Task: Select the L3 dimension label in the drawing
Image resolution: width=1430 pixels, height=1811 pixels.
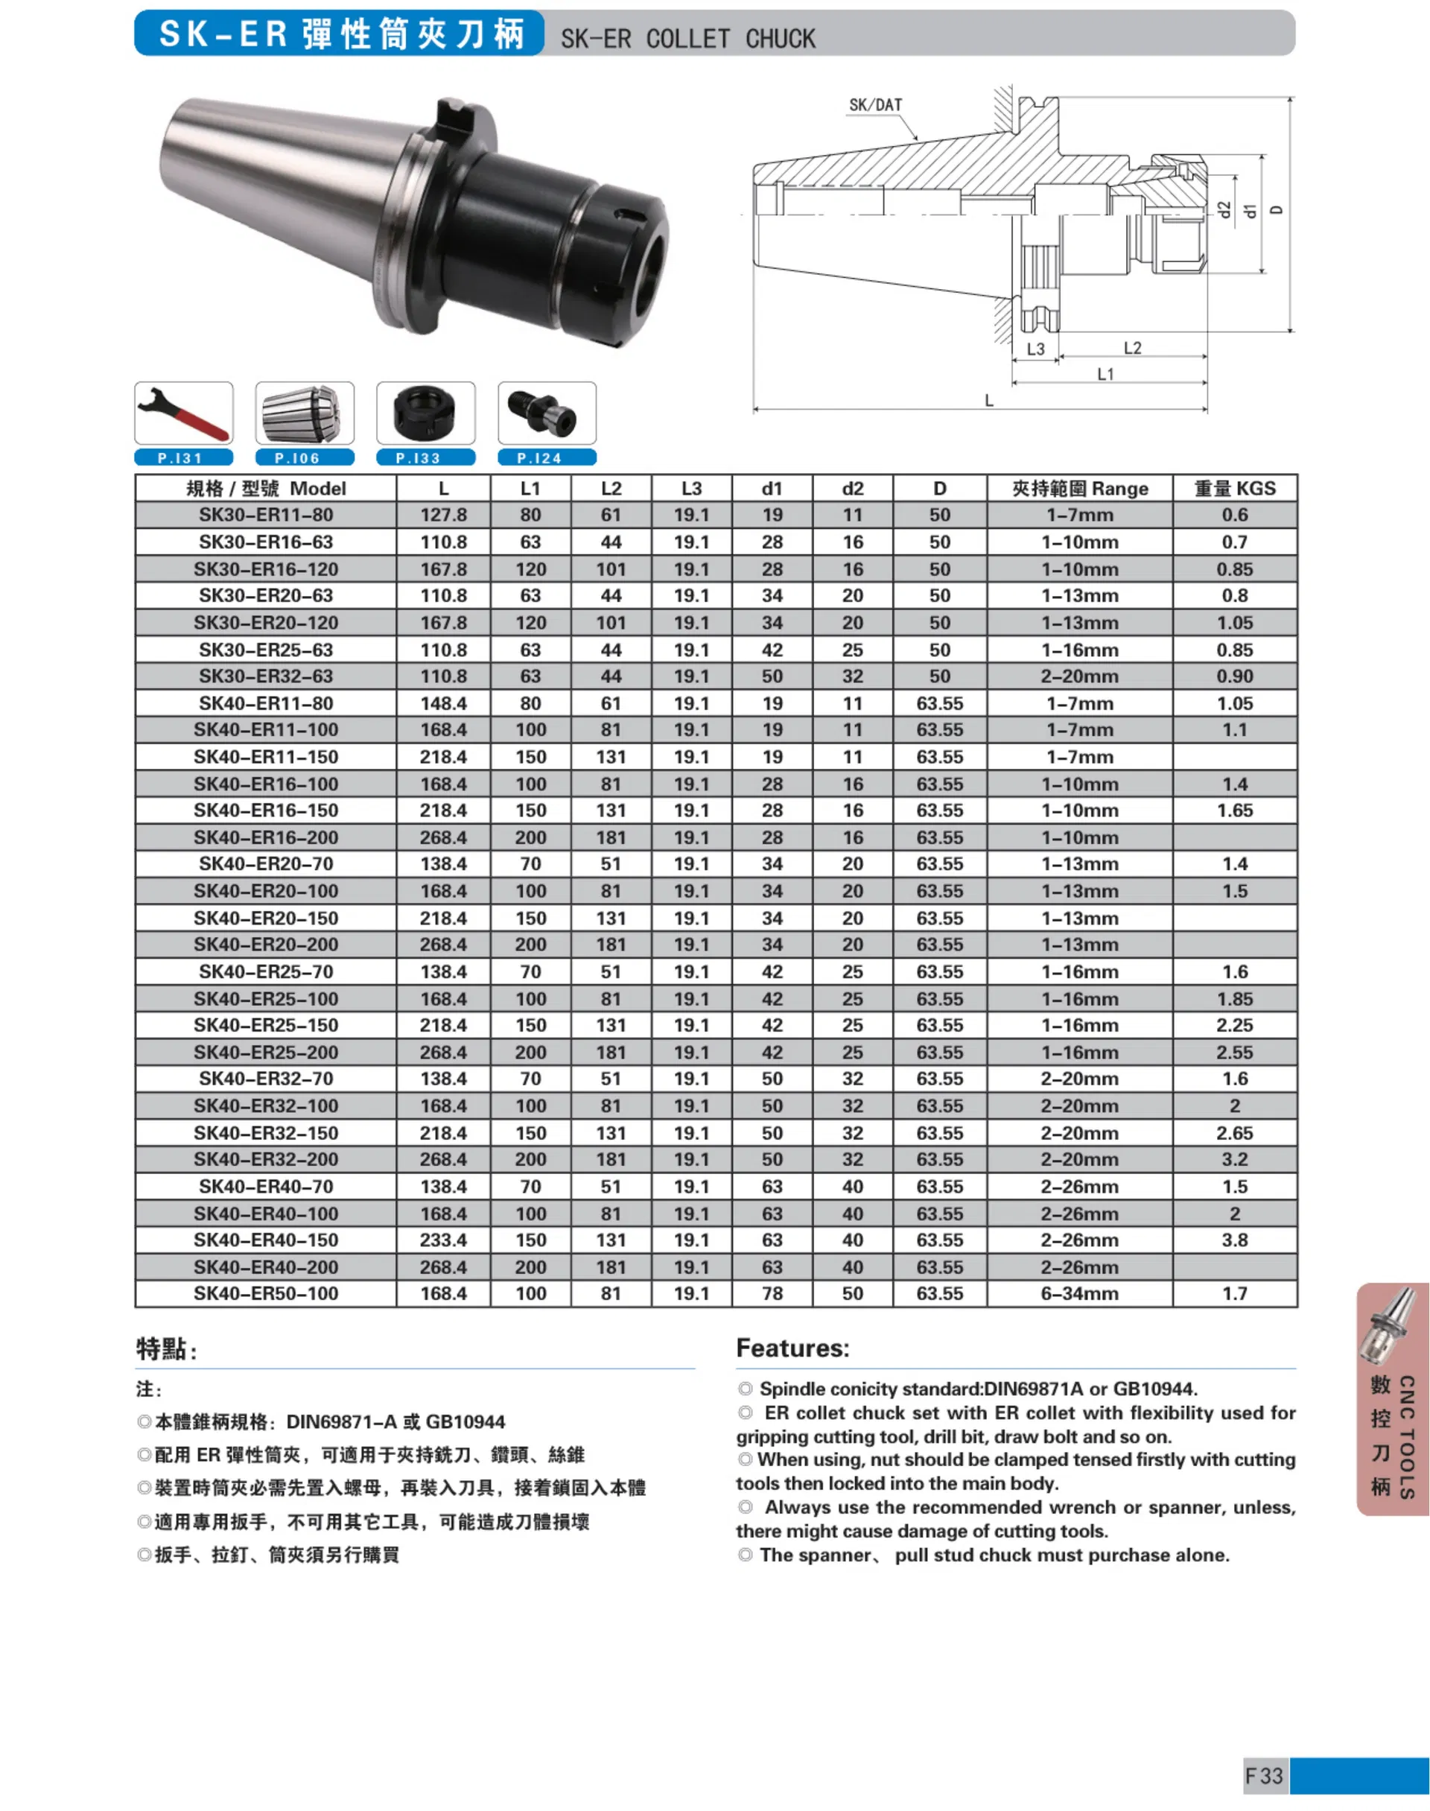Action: tap(1036, 349)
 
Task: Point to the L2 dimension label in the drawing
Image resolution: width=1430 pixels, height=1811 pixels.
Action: tap(1132, 347)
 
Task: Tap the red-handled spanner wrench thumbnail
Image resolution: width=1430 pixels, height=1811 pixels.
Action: tap(183, 413)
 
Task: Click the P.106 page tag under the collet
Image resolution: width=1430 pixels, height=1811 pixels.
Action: tap(304, 458)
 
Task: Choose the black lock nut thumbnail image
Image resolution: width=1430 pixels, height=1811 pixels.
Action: tap(425, 413)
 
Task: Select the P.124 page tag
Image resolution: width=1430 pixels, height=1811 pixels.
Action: tap(547, 458)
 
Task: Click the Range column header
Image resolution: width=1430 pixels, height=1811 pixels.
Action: tap(1079, 488)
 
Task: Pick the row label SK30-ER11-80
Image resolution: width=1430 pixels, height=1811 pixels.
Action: tap(265, 515)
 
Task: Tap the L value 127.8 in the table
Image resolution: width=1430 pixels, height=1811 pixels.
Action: tap(443, 515)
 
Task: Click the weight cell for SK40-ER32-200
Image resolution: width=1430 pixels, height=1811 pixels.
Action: tap(1234, 1160)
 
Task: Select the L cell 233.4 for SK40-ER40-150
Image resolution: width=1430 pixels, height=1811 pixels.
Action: tap(443, 1240)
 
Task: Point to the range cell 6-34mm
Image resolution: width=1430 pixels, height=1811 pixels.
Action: tap(1079, 1293)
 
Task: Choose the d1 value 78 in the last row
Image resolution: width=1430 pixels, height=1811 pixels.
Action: tap(772, 1293)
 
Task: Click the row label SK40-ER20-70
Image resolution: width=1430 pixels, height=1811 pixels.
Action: tap(265, 864)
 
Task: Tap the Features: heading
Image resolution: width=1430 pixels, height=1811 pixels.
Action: tap(792, 1348)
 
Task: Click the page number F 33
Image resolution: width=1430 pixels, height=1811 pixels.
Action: tap(1263, 1776)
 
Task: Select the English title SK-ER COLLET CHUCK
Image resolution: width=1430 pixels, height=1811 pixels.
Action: tap(687, 39)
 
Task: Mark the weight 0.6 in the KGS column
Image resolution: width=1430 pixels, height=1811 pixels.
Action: tap(1234, 515)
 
